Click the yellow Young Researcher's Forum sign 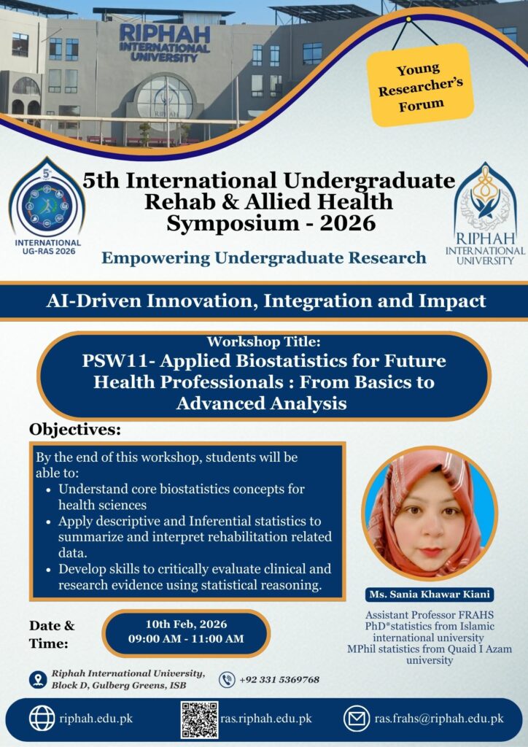point(420,85)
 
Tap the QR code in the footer point(200,719)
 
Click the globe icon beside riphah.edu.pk point(42,719)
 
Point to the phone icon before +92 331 point(227,679)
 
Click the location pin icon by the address point(38,679)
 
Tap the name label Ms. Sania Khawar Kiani point(430,595)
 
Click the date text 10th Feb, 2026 point(186,624)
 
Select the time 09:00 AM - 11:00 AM point(186,639)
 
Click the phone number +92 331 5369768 point(279,679)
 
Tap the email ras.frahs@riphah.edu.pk point(438,719)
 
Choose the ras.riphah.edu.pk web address point(266,719)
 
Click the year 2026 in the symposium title point(348,223)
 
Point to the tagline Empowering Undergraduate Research point(264,258)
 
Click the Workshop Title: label point(264,341)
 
